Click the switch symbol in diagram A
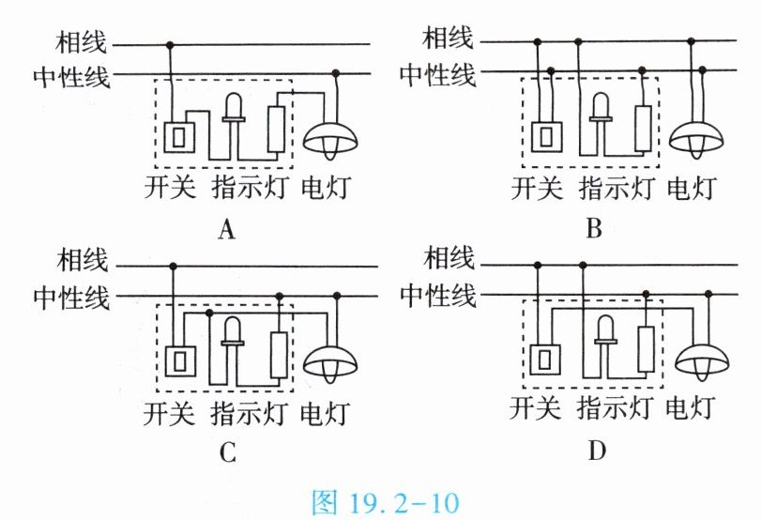click(177, 137)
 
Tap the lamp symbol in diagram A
click(330, 140)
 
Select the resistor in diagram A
click(276, 130)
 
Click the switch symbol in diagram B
click(545, 137)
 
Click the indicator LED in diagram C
click(233, 334)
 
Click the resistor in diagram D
click(645, 349)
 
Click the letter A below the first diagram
click(224, 228)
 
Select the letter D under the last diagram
click(598, 451)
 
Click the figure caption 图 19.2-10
click(382, 502)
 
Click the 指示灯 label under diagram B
click(617, 188)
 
